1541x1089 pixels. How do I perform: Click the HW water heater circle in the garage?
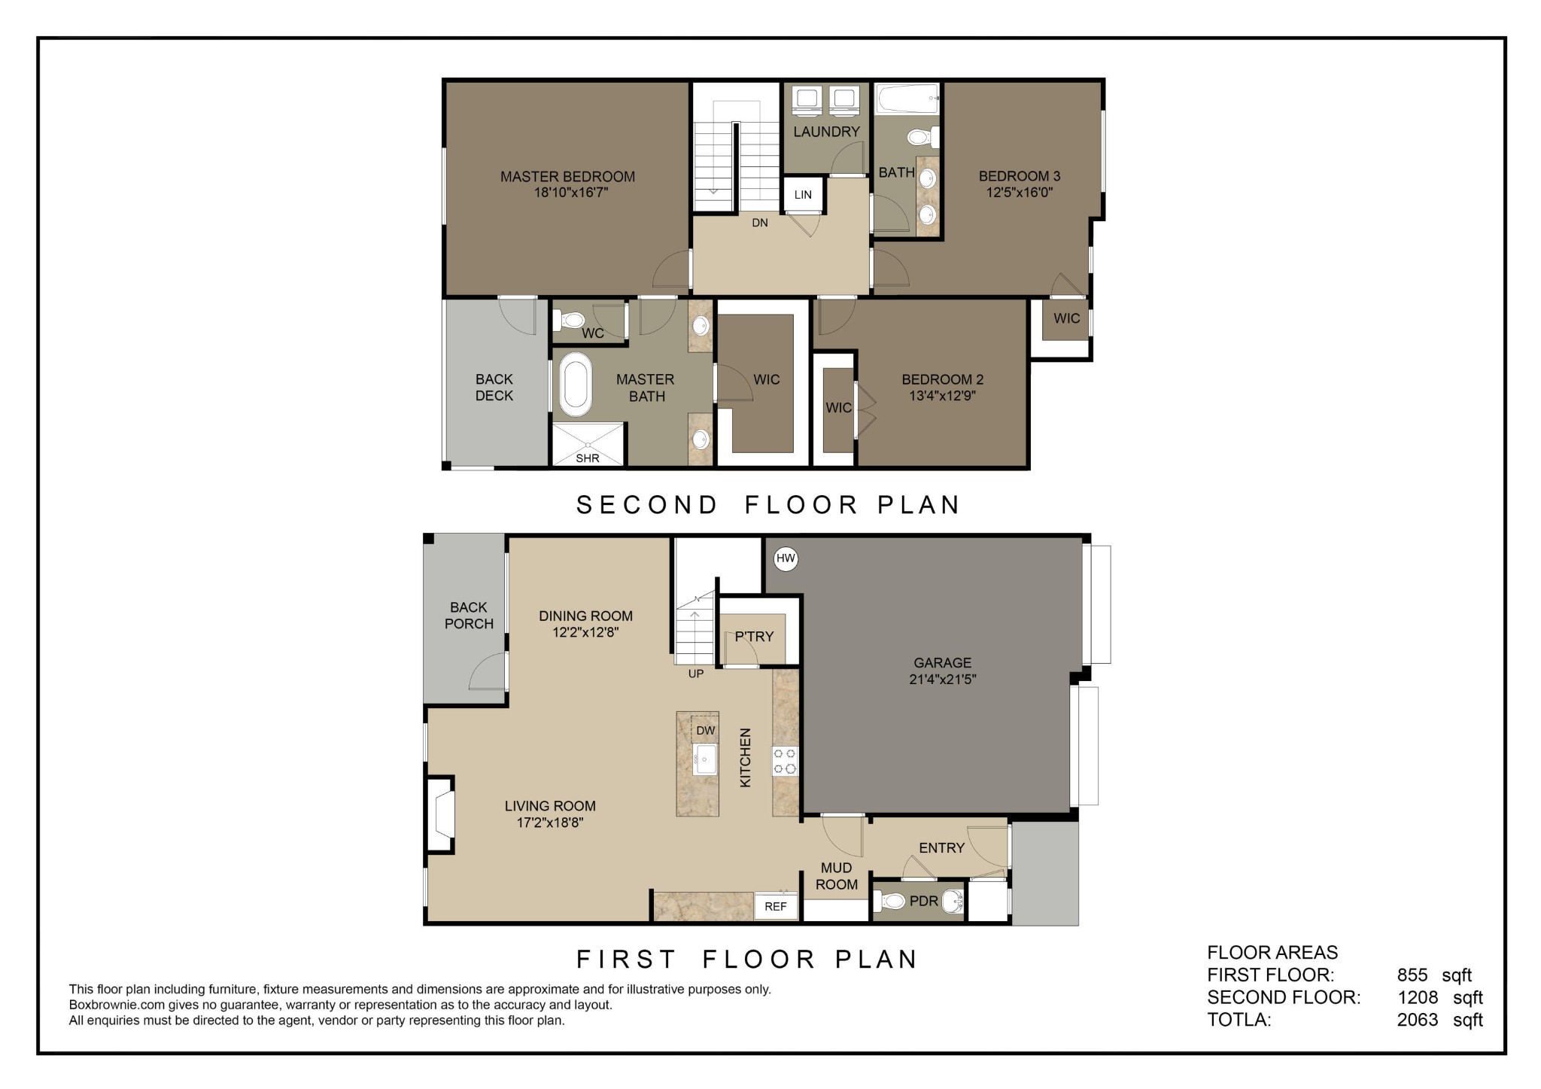coord(786,558)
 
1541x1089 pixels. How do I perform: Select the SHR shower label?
coord(588,458)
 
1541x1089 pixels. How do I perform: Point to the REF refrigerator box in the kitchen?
coord(776,907)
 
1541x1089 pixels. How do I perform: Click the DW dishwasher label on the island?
coord(705,731)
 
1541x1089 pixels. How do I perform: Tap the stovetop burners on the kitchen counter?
coord(785,761)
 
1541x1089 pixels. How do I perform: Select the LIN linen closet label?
coord(803,195)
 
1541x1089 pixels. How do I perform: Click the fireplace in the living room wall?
coord(441,815)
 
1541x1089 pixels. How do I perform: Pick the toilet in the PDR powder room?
coord(890,901)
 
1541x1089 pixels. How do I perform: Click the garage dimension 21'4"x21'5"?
coord(943,680)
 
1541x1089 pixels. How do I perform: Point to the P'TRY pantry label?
coord(754,637)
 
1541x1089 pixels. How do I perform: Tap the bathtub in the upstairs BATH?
coord(907,98)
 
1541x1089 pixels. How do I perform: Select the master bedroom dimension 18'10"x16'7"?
coord(568,193)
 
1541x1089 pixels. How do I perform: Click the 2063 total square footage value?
coord(1418,1020)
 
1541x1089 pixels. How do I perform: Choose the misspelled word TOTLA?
coord(1239,1020)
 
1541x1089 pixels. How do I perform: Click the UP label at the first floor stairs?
coord(696,674)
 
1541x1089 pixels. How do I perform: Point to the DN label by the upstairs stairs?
coord(760,223)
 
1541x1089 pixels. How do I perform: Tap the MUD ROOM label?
coord(837,877)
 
